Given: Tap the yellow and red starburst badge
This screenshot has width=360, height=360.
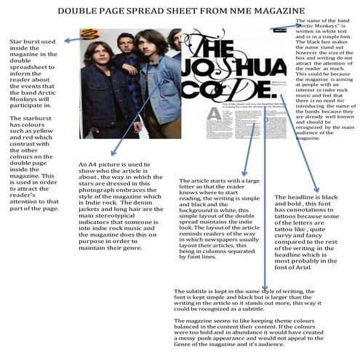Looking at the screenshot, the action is click(90, 33).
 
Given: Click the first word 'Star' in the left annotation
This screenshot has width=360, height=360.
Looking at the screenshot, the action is click(15, 42).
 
